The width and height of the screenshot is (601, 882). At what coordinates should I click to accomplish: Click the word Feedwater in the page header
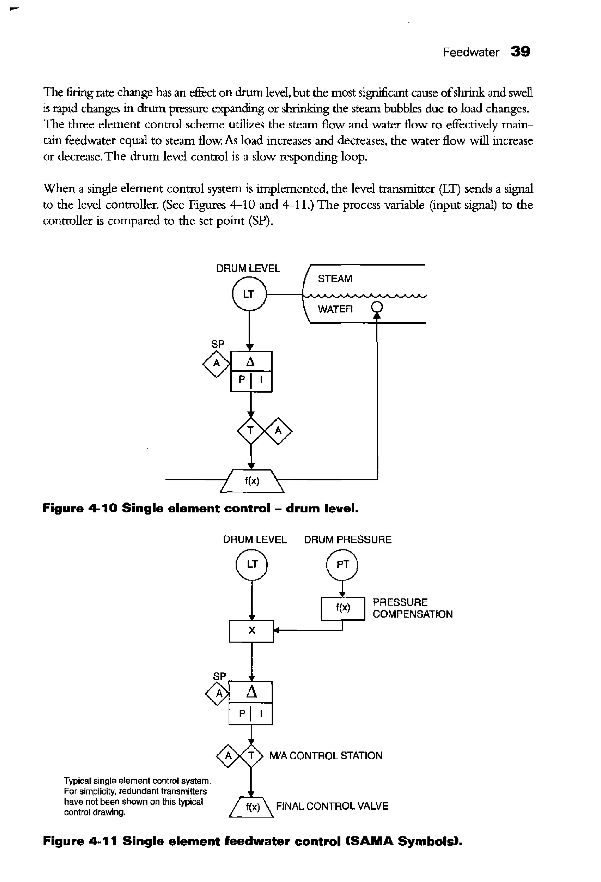[470, 53]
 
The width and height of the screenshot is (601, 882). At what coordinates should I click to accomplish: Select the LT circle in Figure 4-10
[249, 294]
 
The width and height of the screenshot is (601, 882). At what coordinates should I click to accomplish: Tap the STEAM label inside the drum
[335, 279]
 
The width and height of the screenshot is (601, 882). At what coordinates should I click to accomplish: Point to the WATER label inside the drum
[335, 309]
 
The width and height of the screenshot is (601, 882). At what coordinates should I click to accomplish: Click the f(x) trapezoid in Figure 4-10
[252, 481]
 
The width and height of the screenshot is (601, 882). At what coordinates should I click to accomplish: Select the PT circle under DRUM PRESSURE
[342, 565]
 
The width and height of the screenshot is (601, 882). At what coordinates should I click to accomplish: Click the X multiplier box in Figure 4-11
[251, 631]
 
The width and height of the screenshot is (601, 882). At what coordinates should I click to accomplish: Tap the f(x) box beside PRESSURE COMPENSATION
[342, 608]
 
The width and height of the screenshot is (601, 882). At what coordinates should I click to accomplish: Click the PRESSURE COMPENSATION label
[412, 608]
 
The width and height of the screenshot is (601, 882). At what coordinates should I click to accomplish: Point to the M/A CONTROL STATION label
[325, 756]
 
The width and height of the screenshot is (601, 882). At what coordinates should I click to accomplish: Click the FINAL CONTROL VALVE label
[332, 806]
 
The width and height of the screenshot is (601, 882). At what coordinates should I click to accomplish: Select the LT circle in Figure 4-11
[252, 564]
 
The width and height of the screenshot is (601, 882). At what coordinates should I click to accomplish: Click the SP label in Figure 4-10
[217, 344]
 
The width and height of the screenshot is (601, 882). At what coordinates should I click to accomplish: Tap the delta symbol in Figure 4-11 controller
[251, 692]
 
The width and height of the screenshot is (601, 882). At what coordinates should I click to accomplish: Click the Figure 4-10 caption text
[200, 508]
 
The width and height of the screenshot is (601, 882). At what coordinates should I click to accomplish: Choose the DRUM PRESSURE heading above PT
[347, 540]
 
